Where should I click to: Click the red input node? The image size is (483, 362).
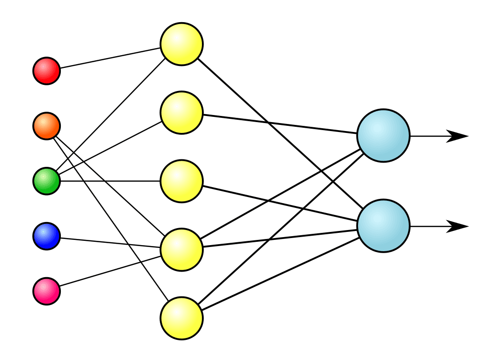tap(47, 71)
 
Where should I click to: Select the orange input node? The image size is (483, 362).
tap(47, 126)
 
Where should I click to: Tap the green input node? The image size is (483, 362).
tap(47, 181)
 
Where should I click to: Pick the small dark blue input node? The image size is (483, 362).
tap(47, 236)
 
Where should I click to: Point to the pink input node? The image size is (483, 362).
tap(47, 291)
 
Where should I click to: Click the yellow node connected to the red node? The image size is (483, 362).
tap(182, 44)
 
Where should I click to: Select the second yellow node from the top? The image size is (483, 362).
tap(182, 113)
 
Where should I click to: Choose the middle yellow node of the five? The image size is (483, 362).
tap(182, 181)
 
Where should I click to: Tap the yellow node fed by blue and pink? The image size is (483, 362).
tap(182, 250)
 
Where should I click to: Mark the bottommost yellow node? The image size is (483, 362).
tap(182, 318)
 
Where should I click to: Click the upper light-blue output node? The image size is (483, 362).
tap(383, 136)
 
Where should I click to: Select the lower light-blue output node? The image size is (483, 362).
tap(383, 226)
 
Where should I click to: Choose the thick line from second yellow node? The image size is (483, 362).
tap(281, 124)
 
